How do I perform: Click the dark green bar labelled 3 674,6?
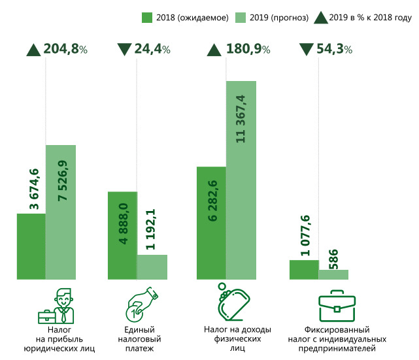pos(31,246)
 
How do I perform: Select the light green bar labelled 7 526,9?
pos(61,212)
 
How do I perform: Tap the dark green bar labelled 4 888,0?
pos(122,236)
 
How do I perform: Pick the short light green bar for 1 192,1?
pos(152,267)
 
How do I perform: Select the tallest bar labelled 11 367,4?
pos(241,180)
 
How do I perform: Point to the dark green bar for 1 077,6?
pos(304,270)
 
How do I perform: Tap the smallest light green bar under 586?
pos(333,274)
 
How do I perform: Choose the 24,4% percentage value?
pos(152,49)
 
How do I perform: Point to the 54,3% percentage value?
pos(332,49)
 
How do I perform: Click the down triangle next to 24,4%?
pos(124,49)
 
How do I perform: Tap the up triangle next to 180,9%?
pos(214,49)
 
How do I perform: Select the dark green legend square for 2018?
pos(147,18)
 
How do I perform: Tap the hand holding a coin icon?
pos(142,304)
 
